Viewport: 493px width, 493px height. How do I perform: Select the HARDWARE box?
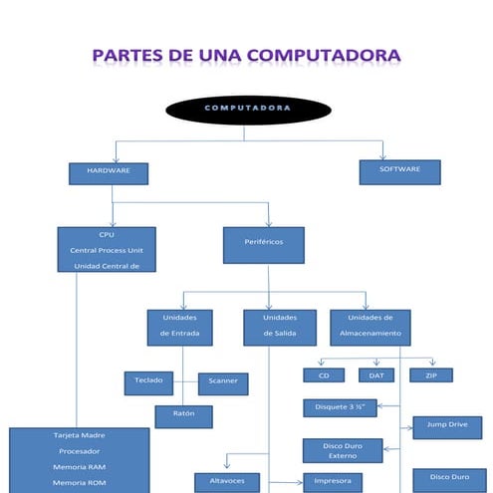click(109, 173)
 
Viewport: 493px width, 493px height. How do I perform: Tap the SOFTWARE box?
click(400, 171)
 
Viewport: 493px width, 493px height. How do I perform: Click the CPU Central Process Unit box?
click(107, 249)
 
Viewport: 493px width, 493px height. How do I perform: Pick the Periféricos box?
click(264, 244)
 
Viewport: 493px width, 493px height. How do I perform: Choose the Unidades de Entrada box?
click(179, 327)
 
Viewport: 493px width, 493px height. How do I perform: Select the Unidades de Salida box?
click(280, 327)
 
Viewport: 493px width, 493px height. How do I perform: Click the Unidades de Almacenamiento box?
click(370, 327)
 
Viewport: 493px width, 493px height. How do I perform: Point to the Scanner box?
click(223, 383)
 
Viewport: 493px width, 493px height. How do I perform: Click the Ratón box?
click(184, 415)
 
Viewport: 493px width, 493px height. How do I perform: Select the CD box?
click(324, 375)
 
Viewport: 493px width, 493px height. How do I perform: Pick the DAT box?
click(375, 375)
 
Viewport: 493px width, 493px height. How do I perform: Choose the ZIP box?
click(430, 375)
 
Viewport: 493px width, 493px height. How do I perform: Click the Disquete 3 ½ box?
click(340, 407)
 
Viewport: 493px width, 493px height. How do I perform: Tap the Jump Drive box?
click(447, 426)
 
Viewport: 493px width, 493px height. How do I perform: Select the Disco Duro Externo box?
click(342, 450)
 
